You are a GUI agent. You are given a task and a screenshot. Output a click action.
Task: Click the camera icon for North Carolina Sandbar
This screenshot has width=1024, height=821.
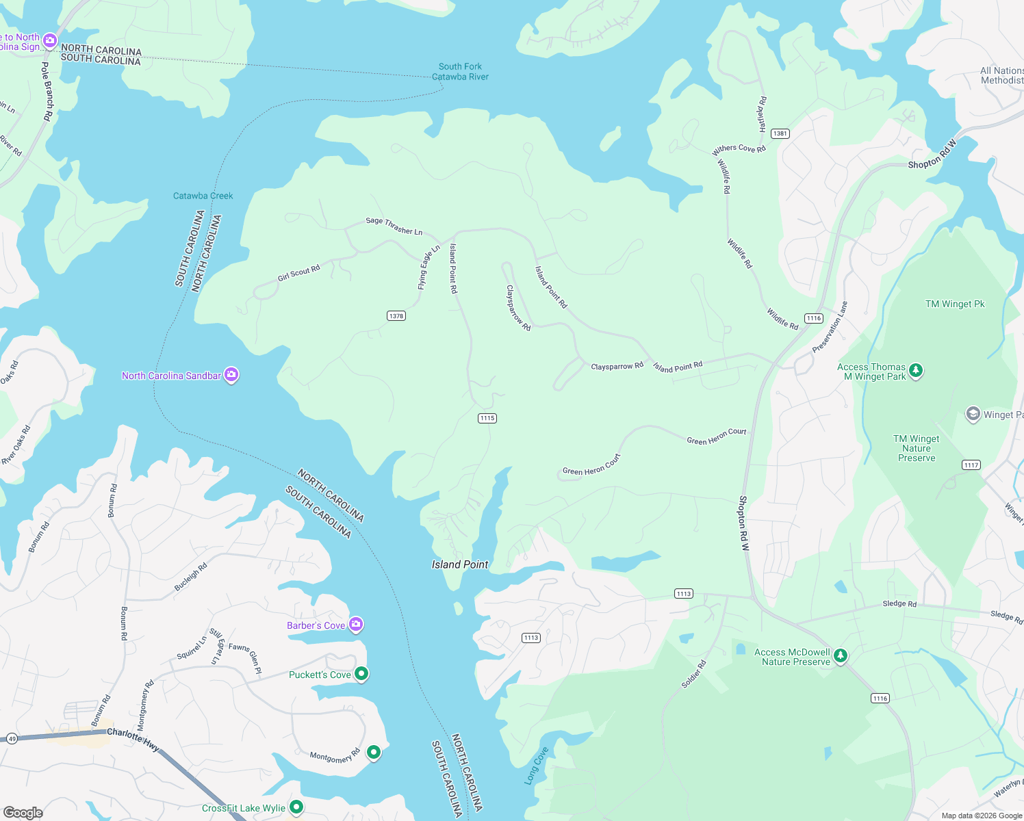(231, 375)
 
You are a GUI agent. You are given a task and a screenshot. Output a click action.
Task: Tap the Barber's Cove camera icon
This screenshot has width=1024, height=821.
(355, 625)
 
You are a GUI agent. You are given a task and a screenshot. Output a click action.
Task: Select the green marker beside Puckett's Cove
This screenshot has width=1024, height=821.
(361, 674)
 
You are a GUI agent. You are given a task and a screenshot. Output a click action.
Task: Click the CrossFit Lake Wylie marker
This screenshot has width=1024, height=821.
(296, 807)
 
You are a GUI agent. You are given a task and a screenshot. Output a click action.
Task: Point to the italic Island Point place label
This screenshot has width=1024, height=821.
(460, 564)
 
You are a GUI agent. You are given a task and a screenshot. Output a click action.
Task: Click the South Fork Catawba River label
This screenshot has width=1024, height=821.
(460, 72)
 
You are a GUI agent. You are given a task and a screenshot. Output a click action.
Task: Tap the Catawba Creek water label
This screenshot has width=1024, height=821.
(203, 196)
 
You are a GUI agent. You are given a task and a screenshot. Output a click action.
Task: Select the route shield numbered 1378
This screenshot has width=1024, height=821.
(396, 316)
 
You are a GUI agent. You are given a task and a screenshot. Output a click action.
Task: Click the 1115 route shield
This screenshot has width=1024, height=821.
(487, 418)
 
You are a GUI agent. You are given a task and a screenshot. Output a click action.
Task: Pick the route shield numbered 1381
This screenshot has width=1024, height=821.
(780, 133)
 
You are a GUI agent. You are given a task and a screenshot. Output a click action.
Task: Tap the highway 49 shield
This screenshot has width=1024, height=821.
(12, 738)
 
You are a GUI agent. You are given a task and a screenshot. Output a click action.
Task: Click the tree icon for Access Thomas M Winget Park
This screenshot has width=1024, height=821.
(916, 371)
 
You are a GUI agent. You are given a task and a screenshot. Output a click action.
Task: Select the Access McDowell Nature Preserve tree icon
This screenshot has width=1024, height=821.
(841, 656)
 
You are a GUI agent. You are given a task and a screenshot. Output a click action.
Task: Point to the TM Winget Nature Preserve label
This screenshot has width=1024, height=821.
(916, 449)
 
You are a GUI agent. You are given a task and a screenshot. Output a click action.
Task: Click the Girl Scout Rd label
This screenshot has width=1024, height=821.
(298, 274)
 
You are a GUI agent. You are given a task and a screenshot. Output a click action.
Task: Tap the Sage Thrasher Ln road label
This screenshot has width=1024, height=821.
(394, 226)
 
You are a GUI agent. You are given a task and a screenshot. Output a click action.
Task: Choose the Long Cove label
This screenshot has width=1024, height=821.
(537, 766)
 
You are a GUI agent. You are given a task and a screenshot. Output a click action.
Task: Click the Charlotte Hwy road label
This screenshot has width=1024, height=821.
(133, 740)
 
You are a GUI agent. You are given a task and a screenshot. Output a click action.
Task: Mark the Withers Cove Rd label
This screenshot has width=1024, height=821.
(739, 148)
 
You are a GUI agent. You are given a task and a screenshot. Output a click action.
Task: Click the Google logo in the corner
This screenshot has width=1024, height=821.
(23, 812)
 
